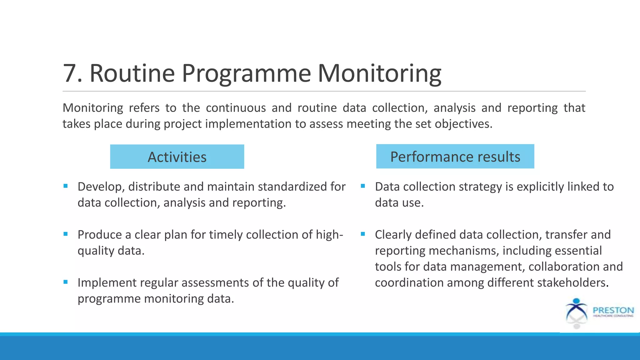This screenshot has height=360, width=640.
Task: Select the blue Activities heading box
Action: click(177, 157)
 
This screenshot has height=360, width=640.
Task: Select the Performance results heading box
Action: click(455, 156)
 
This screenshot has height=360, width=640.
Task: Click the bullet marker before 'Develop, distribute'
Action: click(65, 186)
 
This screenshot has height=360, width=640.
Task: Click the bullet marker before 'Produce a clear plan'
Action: click(65, 234)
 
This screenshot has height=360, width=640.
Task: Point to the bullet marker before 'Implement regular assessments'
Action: click(65, 282)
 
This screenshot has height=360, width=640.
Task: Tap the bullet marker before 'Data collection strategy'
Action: click(363, 186)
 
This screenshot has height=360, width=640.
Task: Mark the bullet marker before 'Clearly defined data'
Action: click(363, 234)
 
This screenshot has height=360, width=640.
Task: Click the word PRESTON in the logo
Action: click(613, 310)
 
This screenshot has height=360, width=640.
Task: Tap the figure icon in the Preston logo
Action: click(576, 312)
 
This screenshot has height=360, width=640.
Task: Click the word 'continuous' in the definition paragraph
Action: click(236, 108)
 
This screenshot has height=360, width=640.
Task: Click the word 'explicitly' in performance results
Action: click(540, 187)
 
